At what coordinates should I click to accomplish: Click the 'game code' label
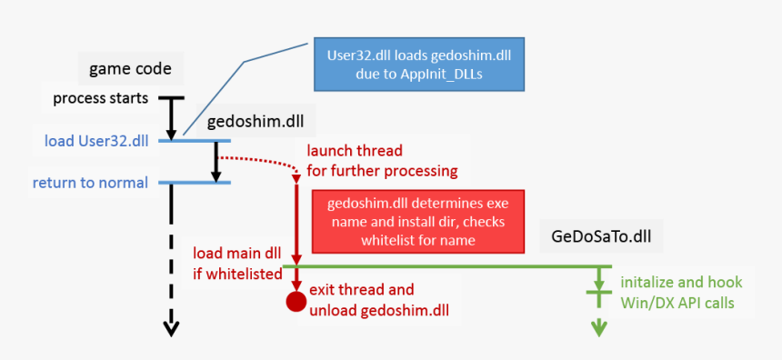tap(130, 68)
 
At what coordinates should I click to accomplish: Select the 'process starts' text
tap(103, 97)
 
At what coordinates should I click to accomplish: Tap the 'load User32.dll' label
tap(96, 141)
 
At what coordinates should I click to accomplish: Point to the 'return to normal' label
tap(90, 183)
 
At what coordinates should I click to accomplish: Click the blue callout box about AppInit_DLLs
tap(419, 65)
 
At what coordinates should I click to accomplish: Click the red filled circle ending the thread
tap(296, 302)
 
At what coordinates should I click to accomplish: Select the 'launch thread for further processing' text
tap(381, 160)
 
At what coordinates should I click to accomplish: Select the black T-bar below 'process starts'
tap(171, 97)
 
